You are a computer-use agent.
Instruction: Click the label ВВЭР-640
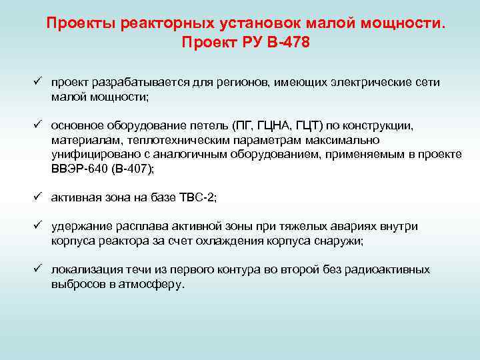[x=75, y=169]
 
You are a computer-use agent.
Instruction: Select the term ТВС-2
[x=197, y=198]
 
